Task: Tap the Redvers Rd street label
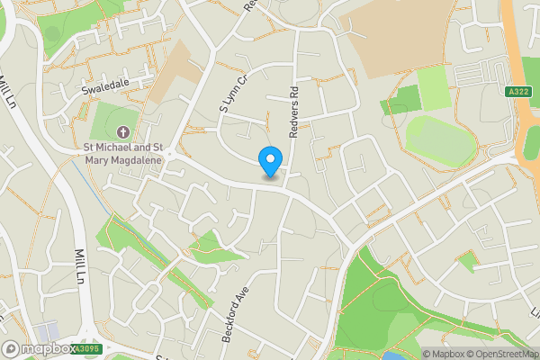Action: coord(293,112)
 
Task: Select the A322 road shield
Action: coord(517,90)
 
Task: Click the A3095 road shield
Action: coord(85,349)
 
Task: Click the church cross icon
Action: coord(123,131)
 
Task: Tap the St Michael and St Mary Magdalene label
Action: coord(122,156)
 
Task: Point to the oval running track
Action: coord(441,138)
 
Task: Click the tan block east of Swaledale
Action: coord(172,71)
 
